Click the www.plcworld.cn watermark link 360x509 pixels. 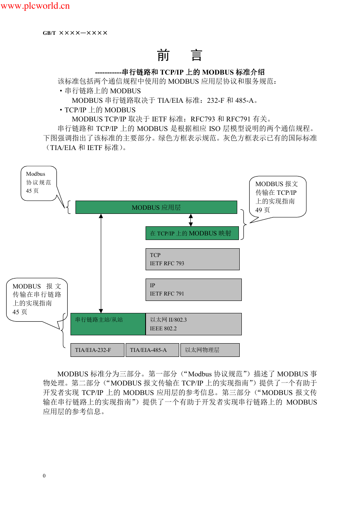click(x=35, y=6)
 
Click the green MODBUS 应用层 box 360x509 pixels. click(x=156, y=207)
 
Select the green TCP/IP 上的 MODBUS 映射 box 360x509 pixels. click(x=192, y=233)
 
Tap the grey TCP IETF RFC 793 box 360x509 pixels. click(x=192, y=259)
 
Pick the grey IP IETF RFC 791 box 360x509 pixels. click(x=194, y=289)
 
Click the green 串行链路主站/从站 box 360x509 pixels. click(x=108, y=324)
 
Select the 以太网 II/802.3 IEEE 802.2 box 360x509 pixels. click(x=194, y=324)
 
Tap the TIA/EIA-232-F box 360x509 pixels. click(x=97, y=350)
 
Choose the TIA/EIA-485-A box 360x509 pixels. click(x=152, y=350)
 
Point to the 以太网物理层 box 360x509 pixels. click(x=210, y=350)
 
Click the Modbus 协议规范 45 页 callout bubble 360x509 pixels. click(x=39, y=183)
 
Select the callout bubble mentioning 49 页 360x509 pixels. click(x=277, y=196)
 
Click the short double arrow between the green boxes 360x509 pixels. click(x=190, y=220)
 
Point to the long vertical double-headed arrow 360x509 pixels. click(x=101, y=263)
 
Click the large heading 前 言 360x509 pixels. click(x=180, y=55)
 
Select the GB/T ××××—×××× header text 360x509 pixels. click(x=75, y=33)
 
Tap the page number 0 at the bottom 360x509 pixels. click(x=44, y=475)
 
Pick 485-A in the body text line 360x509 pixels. click(x=244, y=100)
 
